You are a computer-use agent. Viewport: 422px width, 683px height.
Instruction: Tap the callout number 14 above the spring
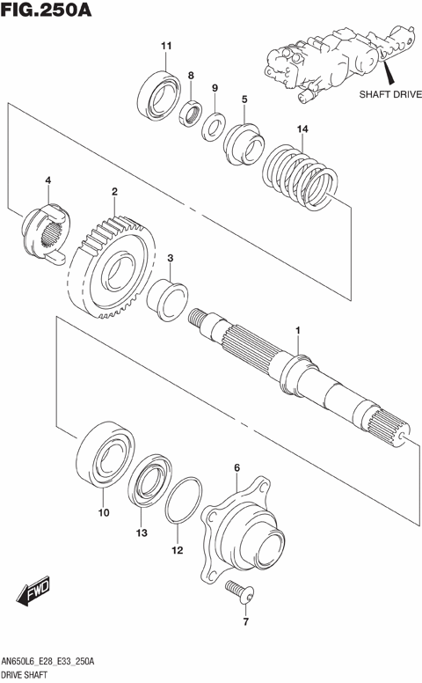pyautogui.click(x=302, y=129)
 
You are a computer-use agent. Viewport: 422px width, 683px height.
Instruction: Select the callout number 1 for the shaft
pyautogui.click(x=298, y=330)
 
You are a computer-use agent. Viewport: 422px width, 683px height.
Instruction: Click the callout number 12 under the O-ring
pyautogui.click(x=177, y=551)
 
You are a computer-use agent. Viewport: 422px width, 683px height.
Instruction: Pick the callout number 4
pyautogui.click(x=48, y=181)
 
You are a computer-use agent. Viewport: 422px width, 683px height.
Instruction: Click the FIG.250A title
pyautogui.click(x=47, y=12)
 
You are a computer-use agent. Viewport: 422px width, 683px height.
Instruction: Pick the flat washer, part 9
pyautogui.click(x=213, y=123)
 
